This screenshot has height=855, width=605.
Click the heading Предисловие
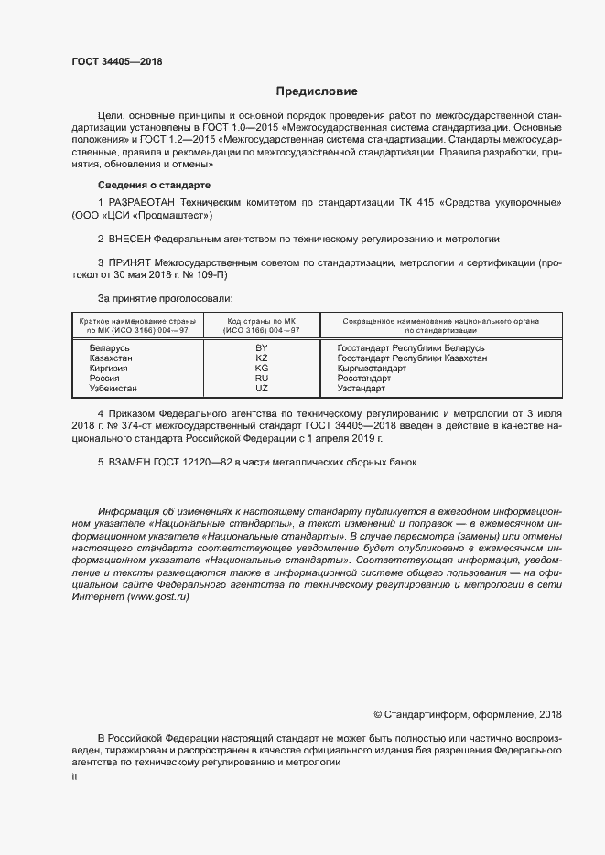[x=318, y=91]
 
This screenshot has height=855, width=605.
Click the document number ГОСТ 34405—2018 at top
[x=117, y=60]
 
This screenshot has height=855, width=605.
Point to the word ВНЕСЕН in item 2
[x=129, y=238]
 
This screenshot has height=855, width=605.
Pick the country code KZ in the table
[x=261, y=358]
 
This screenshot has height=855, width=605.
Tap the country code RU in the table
[x=261, y=378]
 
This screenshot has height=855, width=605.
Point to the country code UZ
[x=261, y=388]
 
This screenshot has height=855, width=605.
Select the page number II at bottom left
[x=74, y=776]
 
